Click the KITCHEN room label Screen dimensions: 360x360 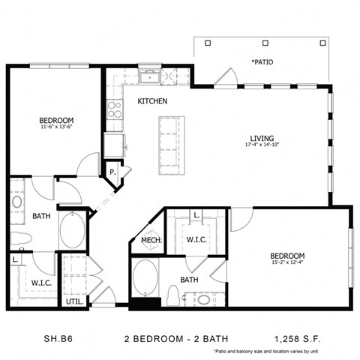tap(151, 100)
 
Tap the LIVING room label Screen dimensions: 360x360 tap(262, 138)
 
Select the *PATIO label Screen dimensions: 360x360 tap(262, 62)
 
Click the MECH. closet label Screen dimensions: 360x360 tap(151, 240)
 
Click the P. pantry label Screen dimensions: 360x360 tap(112, 172)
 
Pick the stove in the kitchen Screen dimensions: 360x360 tap(115, 111)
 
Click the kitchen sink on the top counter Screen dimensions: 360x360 tap(151, 76)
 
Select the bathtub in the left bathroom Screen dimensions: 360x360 tap(73, 230)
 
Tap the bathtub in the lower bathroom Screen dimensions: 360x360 tap(145, 278)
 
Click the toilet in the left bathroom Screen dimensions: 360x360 tap(21, 238)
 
